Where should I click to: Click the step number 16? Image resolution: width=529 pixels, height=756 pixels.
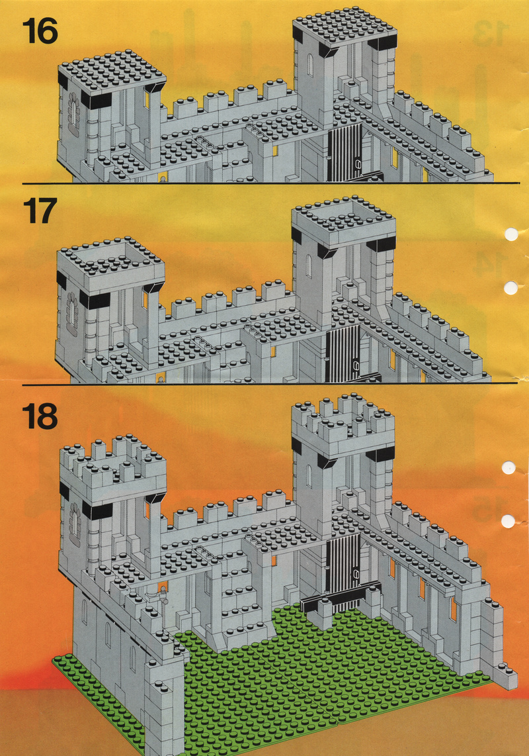(40, 31)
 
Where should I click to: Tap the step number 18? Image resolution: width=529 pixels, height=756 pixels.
(40, 416)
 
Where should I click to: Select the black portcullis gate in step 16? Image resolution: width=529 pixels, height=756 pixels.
(345, 152)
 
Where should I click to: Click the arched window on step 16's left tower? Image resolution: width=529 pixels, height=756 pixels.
(73, 114)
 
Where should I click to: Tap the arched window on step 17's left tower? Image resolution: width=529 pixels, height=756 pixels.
(72, 313)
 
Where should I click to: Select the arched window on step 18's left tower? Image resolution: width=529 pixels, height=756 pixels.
(75, 524)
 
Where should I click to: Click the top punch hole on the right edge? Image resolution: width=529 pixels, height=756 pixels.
(511, 234)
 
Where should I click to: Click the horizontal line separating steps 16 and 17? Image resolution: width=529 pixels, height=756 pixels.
(270, 183)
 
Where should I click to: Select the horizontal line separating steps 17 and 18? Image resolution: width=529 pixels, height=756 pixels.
(270, 384)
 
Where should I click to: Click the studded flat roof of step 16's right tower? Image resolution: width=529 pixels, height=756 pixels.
(345, 26)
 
